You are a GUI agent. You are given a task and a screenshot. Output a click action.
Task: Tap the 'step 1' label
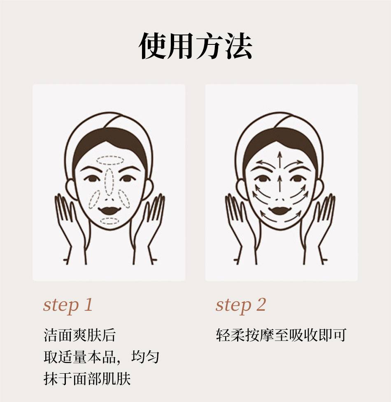pyautogui.click(x=68, y=305)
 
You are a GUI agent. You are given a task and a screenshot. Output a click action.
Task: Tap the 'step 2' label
pyautogui.click(x=240, y=305)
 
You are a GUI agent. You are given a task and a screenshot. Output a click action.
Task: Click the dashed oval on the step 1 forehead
pyautogui.click(x=110, y=160)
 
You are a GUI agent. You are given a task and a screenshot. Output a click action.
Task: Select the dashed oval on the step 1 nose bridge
pyautogui.click(x=109, y=182)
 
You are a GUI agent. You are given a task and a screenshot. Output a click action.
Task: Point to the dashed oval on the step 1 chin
pyautogui.click(x=110, y=221)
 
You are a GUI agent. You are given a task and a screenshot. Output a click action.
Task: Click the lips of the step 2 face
pyautogui.click(x=280, y=211)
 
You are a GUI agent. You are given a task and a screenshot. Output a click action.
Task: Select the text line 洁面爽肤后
pyautogui.click(x=79, y=335)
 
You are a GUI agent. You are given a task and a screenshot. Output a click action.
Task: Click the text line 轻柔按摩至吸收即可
pyautogui.click(x=281, y=335)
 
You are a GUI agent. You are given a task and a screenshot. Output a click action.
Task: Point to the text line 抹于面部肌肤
pyautogui.click(x=87, y=379)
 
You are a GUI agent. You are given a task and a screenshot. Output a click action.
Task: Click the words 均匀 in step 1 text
pyautogui.click(x=145, y=357)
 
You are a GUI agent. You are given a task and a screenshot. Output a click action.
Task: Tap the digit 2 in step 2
pyautogui.click(x=261, y=304)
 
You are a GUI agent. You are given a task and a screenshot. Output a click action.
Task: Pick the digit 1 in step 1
pyautogui.click(x=88, y=304)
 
